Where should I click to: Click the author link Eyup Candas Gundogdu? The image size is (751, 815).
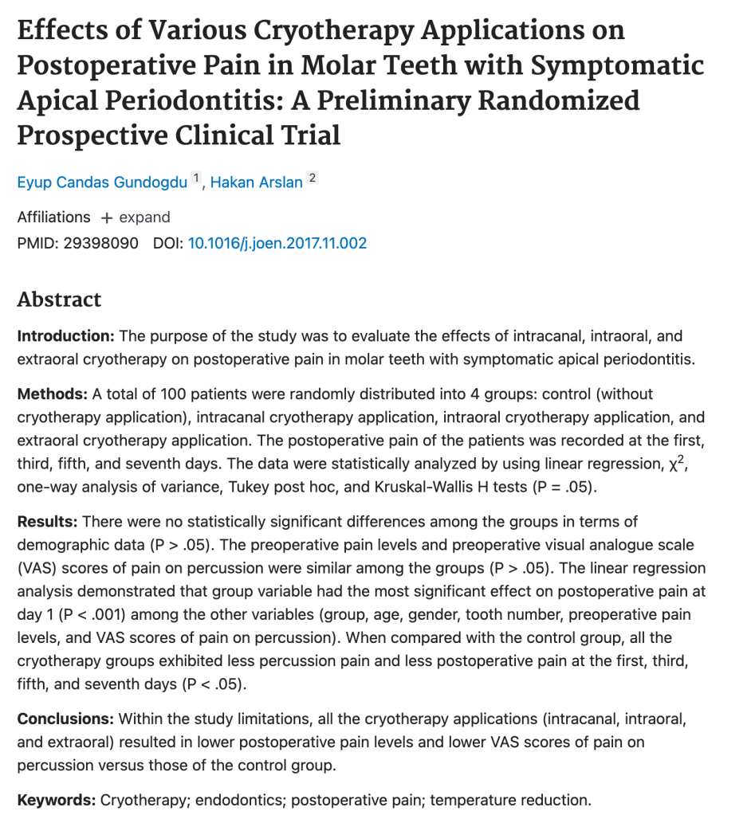click(x=102, y=182)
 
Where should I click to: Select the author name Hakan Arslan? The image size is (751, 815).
click(x=256, y=182)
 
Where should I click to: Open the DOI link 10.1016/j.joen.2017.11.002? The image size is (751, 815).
click(x=277, y=243)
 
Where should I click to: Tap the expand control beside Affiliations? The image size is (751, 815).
click(x=136, y=217)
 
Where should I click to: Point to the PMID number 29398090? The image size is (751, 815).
click(x=100, y=243)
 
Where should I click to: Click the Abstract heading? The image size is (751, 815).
click(x=59, y=300)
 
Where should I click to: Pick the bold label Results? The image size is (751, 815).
click(x=47, y=522)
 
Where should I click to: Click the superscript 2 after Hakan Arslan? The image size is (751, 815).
click(x=313, y=178)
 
